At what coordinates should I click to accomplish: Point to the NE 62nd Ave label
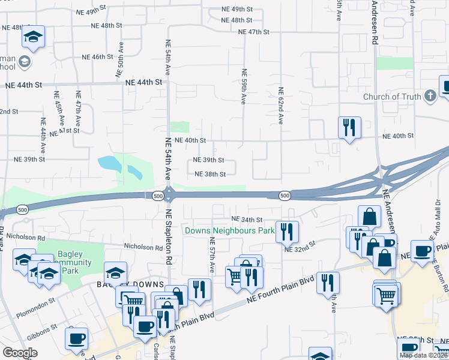tap(280, 106)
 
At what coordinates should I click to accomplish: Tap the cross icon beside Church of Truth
tap(430, 96)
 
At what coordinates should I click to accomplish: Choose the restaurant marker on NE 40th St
tap(349, 128)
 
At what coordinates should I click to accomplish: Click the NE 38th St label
tap(209, 174)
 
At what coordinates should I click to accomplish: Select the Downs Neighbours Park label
tap(229, 230)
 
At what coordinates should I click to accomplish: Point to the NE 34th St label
tap(247, 220)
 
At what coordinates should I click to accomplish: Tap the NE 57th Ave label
tap(212, 255)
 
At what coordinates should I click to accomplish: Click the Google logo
tap(20, 353)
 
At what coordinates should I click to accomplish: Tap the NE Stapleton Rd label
tap(169, 237)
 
